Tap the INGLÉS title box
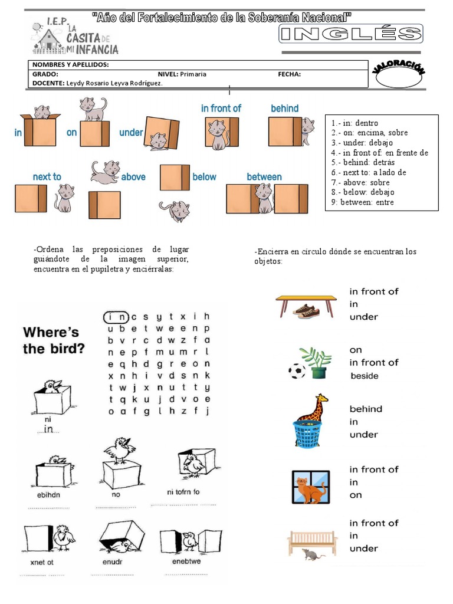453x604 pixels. click(350, 34)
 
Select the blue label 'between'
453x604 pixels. click(264, 177)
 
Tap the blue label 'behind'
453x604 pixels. click(284, 109)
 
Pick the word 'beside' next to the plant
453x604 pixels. click(364, 376)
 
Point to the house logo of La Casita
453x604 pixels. click(48, 40)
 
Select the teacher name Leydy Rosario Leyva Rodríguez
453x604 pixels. click(114, 83)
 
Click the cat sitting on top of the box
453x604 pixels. click(93, 109)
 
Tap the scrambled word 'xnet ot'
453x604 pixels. click(42, 562)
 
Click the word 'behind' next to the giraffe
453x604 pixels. click(366, 409)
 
